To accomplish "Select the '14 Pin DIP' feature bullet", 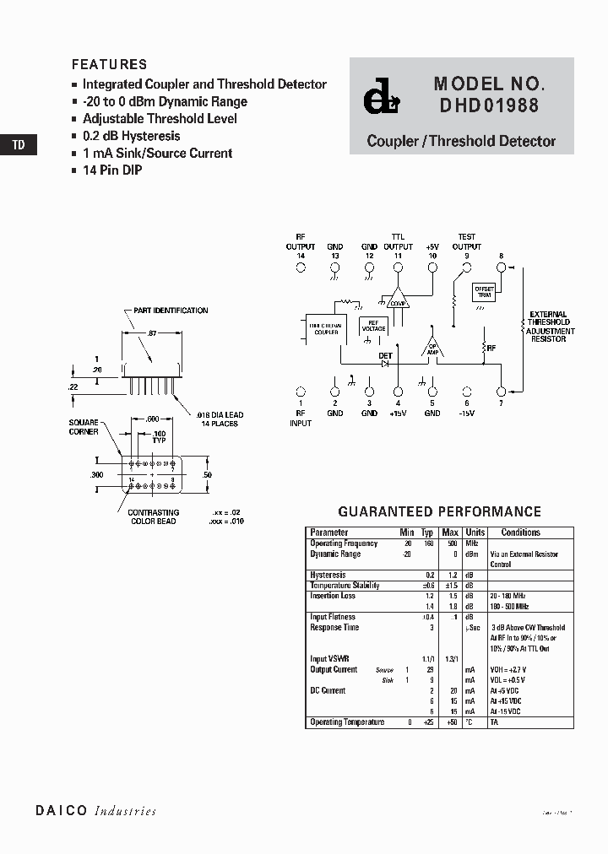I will click(111, 170).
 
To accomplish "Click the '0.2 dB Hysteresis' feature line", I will click(131, 136).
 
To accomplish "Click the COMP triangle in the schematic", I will click(398, 300).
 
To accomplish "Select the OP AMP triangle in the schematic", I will click(432, 349).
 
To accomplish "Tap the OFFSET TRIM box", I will click(484, 291).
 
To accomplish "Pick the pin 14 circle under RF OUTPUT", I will click(300, 267).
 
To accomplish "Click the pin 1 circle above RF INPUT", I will click(300, 392).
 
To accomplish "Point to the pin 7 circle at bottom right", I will click(501, 392).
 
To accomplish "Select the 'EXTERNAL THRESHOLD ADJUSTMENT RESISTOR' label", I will click(550, 327).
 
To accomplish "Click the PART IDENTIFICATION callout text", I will click(171, 311).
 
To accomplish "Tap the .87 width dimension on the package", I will click(152, 334).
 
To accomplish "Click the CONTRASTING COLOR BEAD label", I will click(153, 516).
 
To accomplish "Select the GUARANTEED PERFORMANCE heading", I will click(439, 511).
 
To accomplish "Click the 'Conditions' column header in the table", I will click(520, 532).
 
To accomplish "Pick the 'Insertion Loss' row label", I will click(333, 596).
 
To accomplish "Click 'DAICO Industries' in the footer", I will click(95, 811).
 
